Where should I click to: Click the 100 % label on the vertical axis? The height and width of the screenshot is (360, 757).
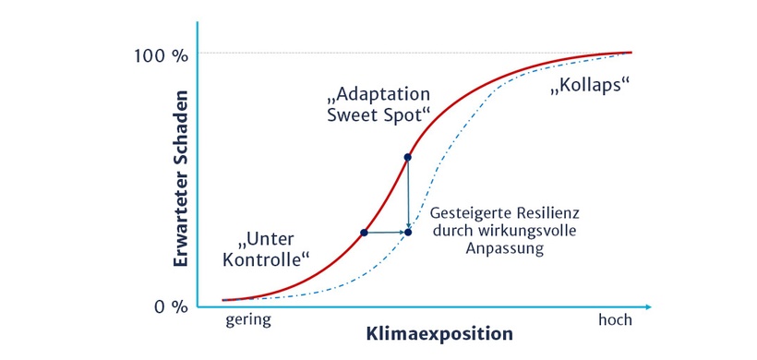coord(161,55)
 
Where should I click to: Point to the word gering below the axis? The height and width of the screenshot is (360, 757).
coord(248,321)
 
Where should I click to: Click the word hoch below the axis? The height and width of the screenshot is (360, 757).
coord(616,321)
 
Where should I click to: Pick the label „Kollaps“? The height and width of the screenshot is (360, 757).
coord(589,88)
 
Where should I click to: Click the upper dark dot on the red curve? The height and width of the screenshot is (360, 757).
coord(407,157)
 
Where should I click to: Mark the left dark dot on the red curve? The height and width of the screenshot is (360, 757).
coord(364,233)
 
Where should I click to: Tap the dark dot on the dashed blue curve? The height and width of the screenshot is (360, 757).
coord(408,233)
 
